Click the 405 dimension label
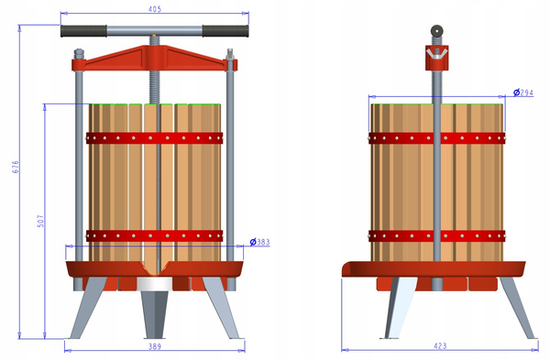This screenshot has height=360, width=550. [x=154, y=9]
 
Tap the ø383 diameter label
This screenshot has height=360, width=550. [x=258, y=243]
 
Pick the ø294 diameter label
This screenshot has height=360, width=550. [x=522, y=93]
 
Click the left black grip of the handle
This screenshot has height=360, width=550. [x=82, y=31]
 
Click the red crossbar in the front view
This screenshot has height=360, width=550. [x=154, y=58]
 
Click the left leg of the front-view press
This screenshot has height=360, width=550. [x=89, y=311]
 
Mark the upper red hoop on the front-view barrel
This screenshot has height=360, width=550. [x=155, y=138]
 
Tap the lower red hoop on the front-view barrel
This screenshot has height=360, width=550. [x=155, y=235]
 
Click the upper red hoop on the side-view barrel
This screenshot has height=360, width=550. [x=436, y=138]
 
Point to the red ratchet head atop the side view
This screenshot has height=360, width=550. [x=436, y=57]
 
